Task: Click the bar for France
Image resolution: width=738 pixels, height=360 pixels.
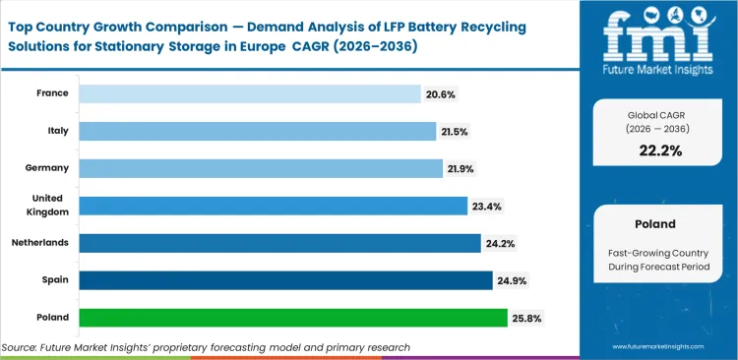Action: (249, 93)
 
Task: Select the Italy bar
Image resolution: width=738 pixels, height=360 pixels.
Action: (257, 131)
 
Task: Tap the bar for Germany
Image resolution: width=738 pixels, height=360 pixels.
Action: (261, 168)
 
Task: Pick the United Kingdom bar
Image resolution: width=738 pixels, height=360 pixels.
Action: (273, 206)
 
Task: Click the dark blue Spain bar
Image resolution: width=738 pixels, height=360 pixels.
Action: (285, 280)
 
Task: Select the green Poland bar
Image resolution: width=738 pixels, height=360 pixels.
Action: (293, 318)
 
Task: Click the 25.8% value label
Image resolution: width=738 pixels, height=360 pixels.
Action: (525, 318)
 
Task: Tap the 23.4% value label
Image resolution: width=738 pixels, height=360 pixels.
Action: (486, 206)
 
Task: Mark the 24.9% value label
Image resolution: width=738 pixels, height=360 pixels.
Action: (511, 280)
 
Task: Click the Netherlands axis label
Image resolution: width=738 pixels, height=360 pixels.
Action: (39, 243)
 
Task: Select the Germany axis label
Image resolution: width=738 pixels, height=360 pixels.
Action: (46, 168)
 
